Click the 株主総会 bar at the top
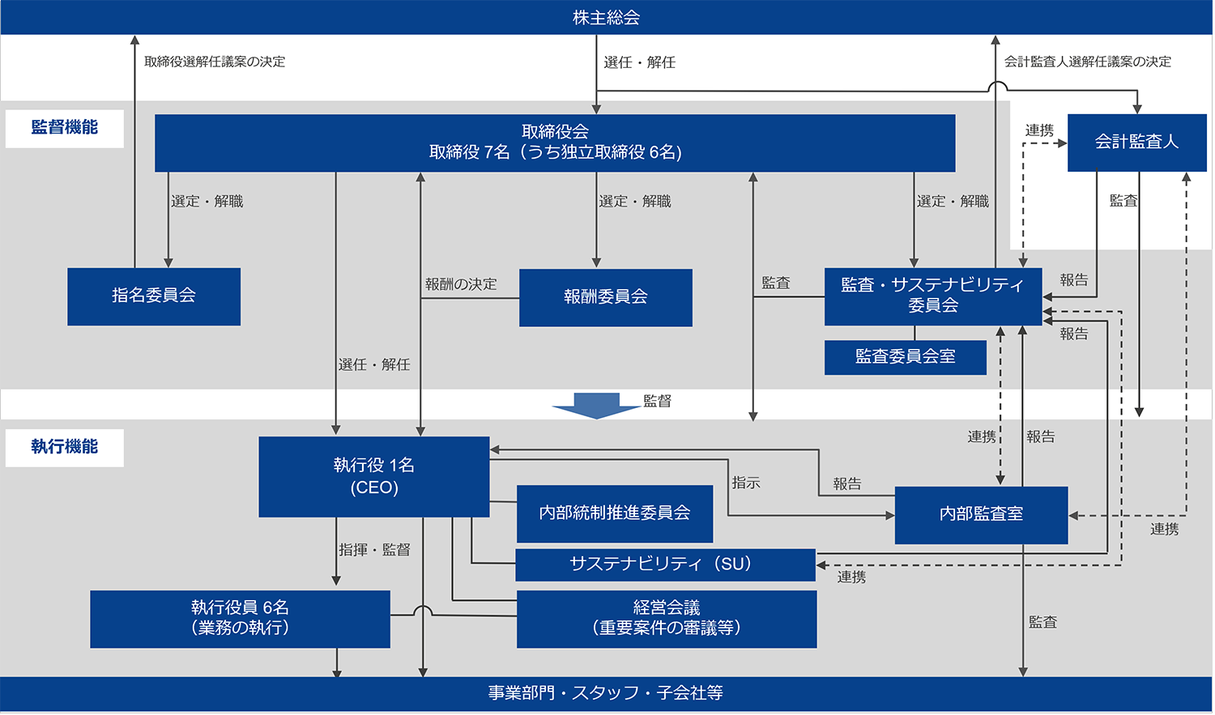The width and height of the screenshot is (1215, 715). [x=606, y=17]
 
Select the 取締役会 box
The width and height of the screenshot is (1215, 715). [x=555, y=143]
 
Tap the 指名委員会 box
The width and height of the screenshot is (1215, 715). [x=154, y=296]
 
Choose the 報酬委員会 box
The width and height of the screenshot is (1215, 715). [x=605, y=297]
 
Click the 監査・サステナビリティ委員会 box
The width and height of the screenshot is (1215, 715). [x=932, y=296]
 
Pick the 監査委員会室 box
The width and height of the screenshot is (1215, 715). [x=905, y=357]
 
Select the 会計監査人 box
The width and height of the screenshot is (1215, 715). [x=1136, y=143]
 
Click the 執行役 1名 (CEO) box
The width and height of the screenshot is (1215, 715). [x=373, y=476]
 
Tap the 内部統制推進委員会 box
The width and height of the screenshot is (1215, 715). [x=614, y=513]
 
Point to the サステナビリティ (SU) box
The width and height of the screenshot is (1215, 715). [x=664, y=564]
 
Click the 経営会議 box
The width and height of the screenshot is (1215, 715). [x=666, y=619]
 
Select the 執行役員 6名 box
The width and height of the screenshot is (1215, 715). [x=240, y=619]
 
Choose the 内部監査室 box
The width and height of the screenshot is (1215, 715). [x=981, y=515]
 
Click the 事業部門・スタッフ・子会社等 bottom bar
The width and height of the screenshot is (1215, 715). [x=606, y=693]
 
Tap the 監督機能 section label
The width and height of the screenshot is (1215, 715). [x=64, y=128]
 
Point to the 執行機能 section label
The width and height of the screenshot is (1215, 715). [x=64, y=447]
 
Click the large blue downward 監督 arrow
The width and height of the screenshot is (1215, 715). [x=597, y=405]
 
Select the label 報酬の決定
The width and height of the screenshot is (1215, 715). [x=461, y=284]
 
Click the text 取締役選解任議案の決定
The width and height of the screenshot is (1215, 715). [x=215, y=62]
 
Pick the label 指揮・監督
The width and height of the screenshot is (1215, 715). [x=374, y=550]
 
